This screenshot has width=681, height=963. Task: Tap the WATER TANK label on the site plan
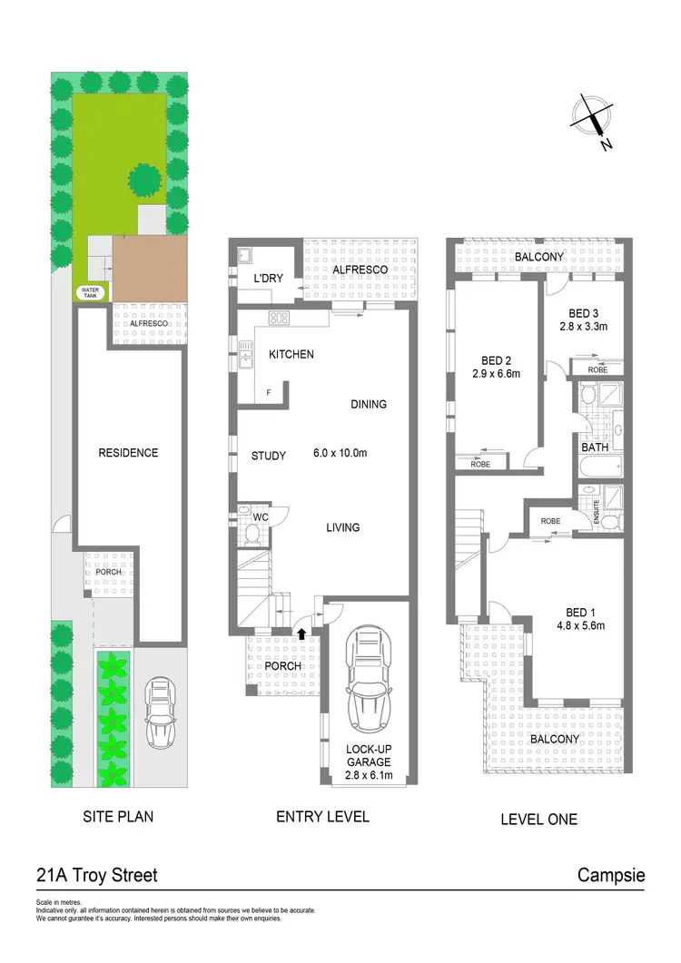(x=88, y=293)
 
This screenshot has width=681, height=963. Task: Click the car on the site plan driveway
(x=161, y=710)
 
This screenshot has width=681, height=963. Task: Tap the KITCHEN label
(x=291, y=354)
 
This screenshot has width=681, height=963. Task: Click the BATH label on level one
(x=594, y=447)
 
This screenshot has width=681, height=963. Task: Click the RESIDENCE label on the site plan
(x=128, y=453)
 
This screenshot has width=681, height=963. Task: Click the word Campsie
(x=611, y=876)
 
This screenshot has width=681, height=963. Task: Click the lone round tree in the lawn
(x=144, y=180)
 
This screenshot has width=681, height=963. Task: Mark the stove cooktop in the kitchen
(x=279, y=319)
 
